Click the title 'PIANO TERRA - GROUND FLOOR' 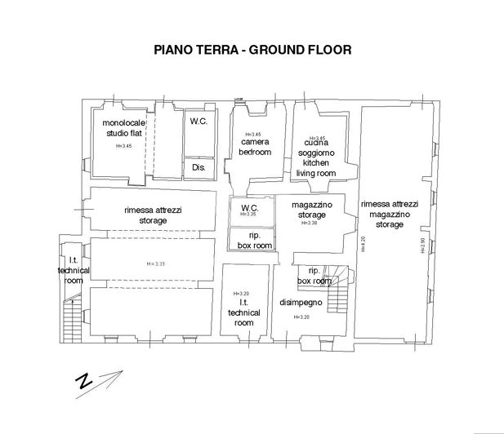point(252,49)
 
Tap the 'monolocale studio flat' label point(124,127)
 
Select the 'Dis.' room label point(198,167)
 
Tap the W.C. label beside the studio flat point(198,121)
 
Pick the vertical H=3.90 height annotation point(422,245)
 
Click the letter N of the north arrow point(83,382)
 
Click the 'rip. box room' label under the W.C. point(250,240)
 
